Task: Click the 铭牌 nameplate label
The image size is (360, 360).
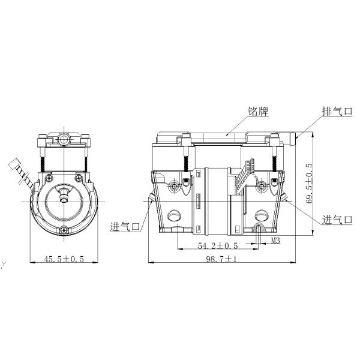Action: pyautogui.click(x=258, y=112)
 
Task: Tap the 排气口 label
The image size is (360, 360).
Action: pyautogui.click(x=337, y=112)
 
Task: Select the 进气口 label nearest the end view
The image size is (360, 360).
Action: pyautogui.click(x=125, y=227)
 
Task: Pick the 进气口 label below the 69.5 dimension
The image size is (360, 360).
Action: pyautogui.click(x=337, y=220)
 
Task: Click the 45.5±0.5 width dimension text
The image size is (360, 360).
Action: pyautogui.click(x=64, y=259)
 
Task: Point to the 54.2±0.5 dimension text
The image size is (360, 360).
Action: pyautogui.click(x=218, y=246)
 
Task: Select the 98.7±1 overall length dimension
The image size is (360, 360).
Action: pyautogui.click(x=221, y=259)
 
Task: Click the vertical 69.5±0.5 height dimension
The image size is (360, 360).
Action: pyautogui.click(x=309, y=183)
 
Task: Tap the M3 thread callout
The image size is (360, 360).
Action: pyautogui.click(x=276, y=241)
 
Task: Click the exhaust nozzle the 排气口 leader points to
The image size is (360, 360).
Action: pyautogui.click(x=293, y=139)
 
